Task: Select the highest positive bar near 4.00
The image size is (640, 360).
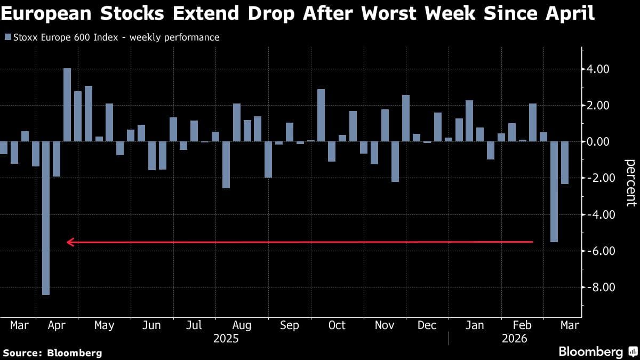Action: [67, 105]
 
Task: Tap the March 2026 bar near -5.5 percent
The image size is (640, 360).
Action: [554, 191]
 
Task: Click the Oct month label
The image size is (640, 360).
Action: [337, 325]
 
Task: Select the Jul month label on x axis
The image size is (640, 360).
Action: [194, 325]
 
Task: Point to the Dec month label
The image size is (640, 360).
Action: [427, 325]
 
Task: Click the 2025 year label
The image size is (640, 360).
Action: [226, 339]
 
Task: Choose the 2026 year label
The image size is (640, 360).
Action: [514, 339]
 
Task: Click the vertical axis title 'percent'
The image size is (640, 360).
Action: [630, 182]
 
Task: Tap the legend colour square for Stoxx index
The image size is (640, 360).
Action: [7, 37]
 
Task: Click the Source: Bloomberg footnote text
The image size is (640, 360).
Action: [52, 353]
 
